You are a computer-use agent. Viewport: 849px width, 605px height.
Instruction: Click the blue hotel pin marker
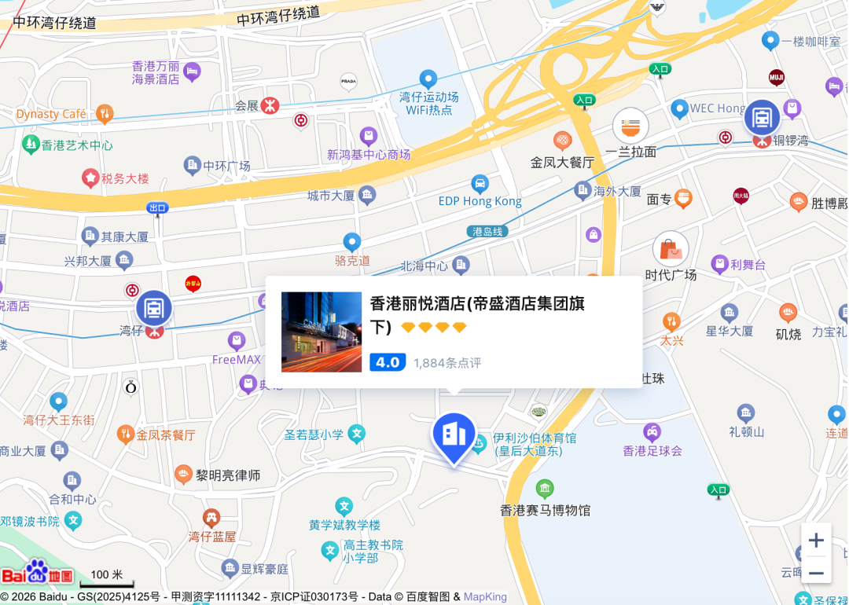tap(454, 434)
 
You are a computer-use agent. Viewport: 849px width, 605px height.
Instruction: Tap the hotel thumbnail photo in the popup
tap(322, 332)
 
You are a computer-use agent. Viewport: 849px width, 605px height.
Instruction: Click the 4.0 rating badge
tap(388, 362)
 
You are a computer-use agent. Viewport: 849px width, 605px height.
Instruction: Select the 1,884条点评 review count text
tap(447, 363)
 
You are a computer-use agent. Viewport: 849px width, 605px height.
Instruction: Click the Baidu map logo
tap(37, 574)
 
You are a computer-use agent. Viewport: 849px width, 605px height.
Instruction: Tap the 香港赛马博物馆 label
tap(546, 510)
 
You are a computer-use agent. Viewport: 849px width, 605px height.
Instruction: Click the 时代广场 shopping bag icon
tap(671, 249)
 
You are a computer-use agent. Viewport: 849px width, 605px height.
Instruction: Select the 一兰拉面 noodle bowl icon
tap(630, 126)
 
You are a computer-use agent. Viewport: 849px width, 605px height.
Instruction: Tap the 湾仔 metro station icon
tap(154, 309)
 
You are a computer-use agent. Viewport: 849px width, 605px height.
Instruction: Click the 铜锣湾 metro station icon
tap(762, 118)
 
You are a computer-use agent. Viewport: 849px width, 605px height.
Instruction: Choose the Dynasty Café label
tap(51, 114)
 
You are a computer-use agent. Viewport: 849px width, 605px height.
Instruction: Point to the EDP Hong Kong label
tap(480, 201)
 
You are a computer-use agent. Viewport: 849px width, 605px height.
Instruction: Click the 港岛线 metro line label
tap(487, 231)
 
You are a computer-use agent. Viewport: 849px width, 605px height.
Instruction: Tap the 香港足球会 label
tap(652, 451)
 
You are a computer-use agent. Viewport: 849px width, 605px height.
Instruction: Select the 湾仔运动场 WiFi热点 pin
tap(428, 79)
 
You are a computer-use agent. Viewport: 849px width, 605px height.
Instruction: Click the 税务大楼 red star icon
tap(90, 178)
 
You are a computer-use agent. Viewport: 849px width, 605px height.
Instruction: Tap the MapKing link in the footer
tap(485, 597)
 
